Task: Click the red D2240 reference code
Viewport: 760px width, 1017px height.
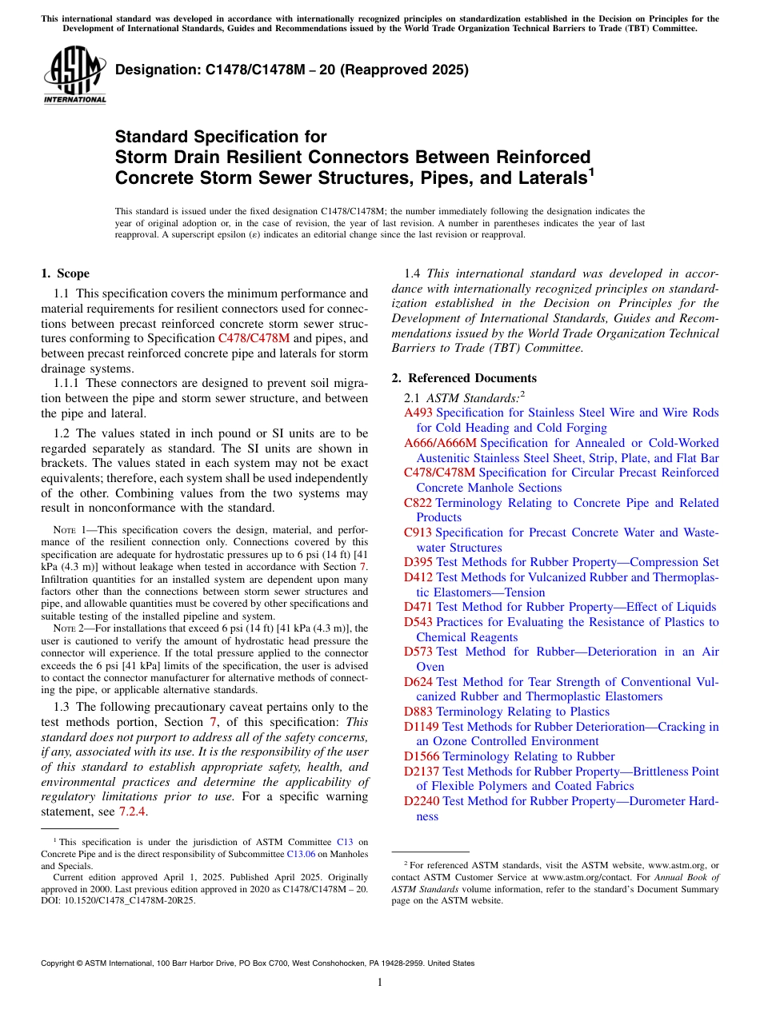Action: (x=422, y=801)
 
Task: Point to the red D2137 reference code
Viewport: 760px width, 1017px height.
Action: (x=422, y=772)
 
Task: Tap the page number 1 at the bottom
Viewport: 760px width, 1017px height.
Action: (x=380, y=982)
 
